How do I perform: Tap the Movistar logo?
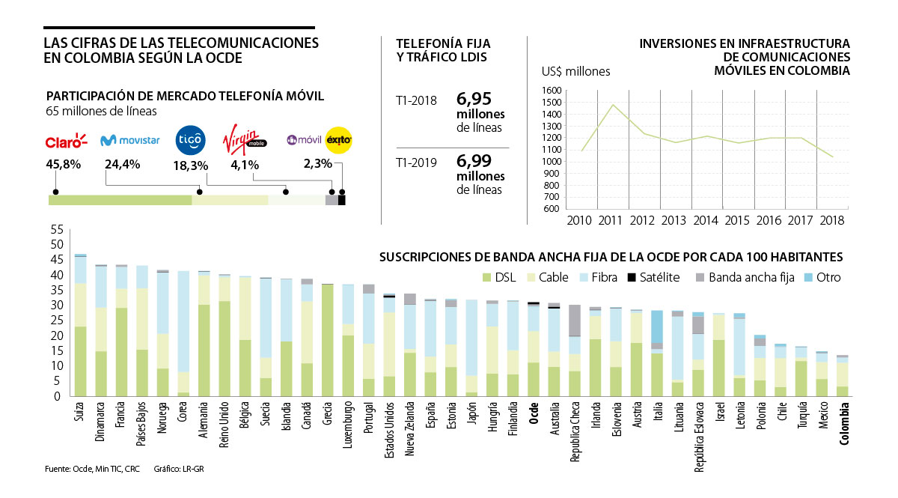[x=129, y=140]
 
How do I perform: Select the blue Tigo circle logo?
[x=188, y=139]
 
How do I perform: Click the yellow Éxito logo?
[x=338, y=139]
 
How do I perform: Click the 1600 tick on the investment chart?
[x=552, y=90]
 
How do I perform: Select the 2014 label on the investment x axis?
[x=706, y=220]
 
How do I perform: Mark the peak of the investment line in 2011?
[x=613, y=105]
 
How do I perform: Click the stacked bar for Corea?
[x=183, y=333]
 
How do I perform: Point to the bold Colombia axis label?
[x=844, y=425]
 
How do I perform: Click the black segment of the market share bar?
[x=342, y=200]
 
